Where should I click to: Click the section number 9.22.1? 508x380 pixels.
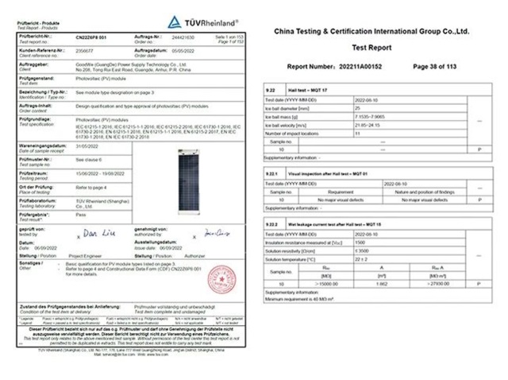coord(273,173)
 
